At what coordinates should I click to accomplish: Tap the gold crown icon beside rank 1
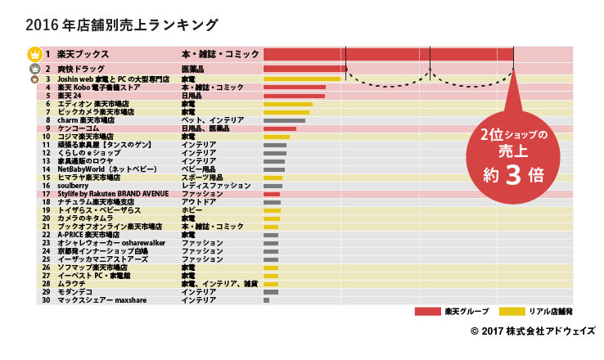point(34,54)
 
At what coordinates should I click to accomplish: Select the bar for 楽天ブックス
point(389,54)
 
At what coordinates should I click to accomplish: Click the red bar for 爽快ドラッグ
point(304,69)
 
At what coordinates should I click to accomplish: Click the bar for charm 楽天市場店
point(284,120)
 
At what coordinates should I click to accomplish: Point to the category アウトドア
point(199,201)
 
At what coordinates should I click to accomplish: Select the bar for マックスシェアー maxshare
point(266,300)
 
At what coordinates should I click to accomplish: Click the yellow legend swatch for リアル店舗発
point(512,312)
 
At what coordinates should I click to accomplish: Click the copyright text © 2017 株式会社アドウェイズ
point(533,331)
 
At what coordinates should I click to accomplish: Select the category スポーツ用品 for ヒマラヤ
point(202,178)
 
